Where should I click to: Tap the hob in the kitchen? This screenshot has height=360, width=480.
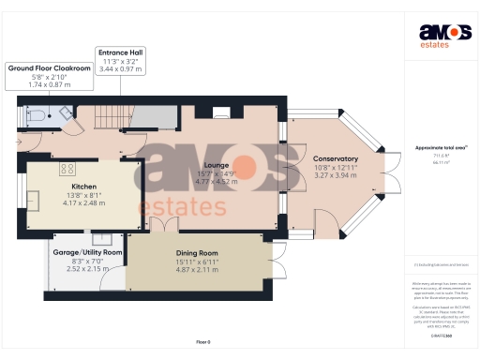[67, 169]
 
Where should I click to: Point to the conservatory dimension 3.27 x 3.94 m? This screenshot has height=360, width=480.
[336, 175]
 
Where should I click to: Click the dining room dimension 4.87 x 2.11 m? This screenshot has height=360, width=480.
[197, 268]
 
